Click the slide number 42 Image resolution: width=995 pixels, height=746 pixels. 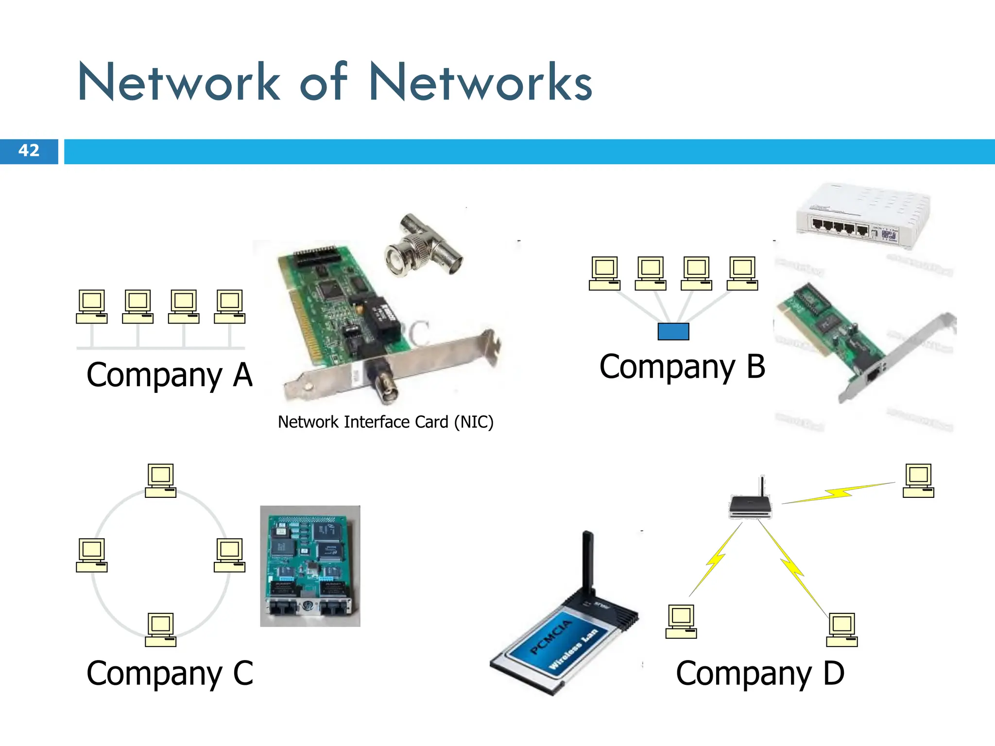[x=29, y=151]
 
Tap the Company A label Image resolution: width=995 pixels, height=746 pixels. [x=170, y=375]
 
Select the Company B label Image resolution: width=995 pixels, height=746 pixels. [x=682, y=367]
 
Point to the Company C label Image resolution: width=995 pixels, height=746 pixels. [x=170, y=674]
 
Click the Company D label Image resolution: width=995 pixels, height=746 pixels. [x=760, y=674]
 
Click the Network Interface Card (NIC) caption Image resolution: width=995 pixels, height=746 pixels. [x=385, y=422]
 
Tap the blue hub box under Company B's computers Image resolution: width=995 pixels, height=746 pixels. [x=673, y=331]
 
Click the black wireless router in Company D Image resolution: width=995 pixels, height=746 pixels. [x=750, y=505]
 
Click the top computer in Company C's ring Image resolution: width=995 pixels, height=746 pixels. [x=161, y=480]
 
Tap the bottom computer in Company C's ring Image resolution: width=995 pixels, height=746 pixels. [x=161, y=629]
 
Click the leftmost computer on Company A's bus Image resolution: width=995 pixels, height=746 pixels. [x=91, y=306]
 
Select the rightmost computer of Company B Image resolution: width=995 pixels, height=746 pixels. [x=742, y=273]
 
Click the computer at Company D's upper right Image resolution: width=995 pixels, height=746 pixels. [x=918, y=480]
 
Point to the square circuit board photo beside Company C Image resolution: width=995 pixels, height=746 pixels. [x=310, y=566]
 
